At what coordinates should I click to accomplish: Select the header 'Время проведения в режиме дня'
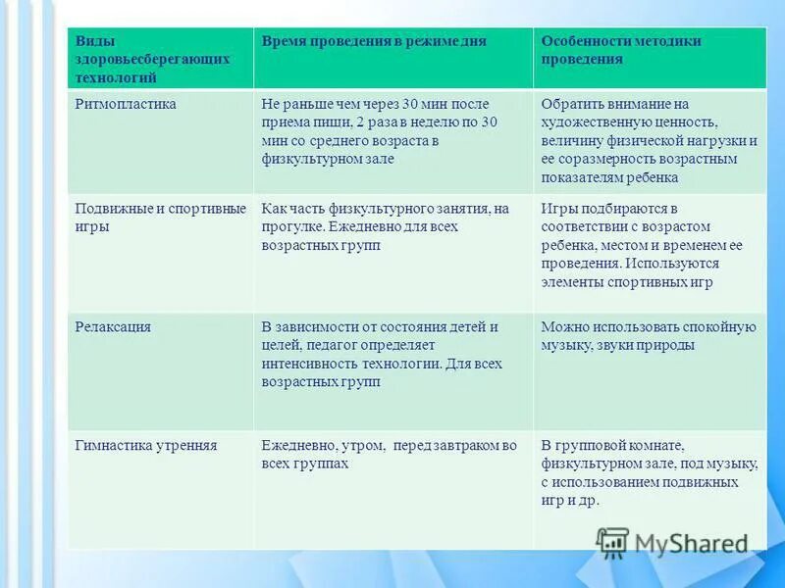tap(373, 42)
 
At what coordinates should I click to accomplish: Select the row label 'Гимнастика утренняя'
tap(146, 446)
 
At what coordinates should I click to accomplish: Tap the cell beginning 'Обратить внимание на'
tap(649, 140)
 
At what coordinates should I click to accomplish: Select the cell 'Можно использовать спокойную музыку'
tap(649, 336)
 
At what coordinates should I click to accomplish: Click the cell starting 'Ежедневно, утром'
tap(389, 455)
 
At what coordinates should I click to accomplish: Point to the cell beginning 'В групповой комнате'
tap(649, 472)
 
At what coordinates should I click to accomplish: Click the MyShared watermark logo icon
tap(612, 543)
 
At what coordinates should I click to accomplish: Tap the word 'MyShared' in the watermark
tap(691, 544)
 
